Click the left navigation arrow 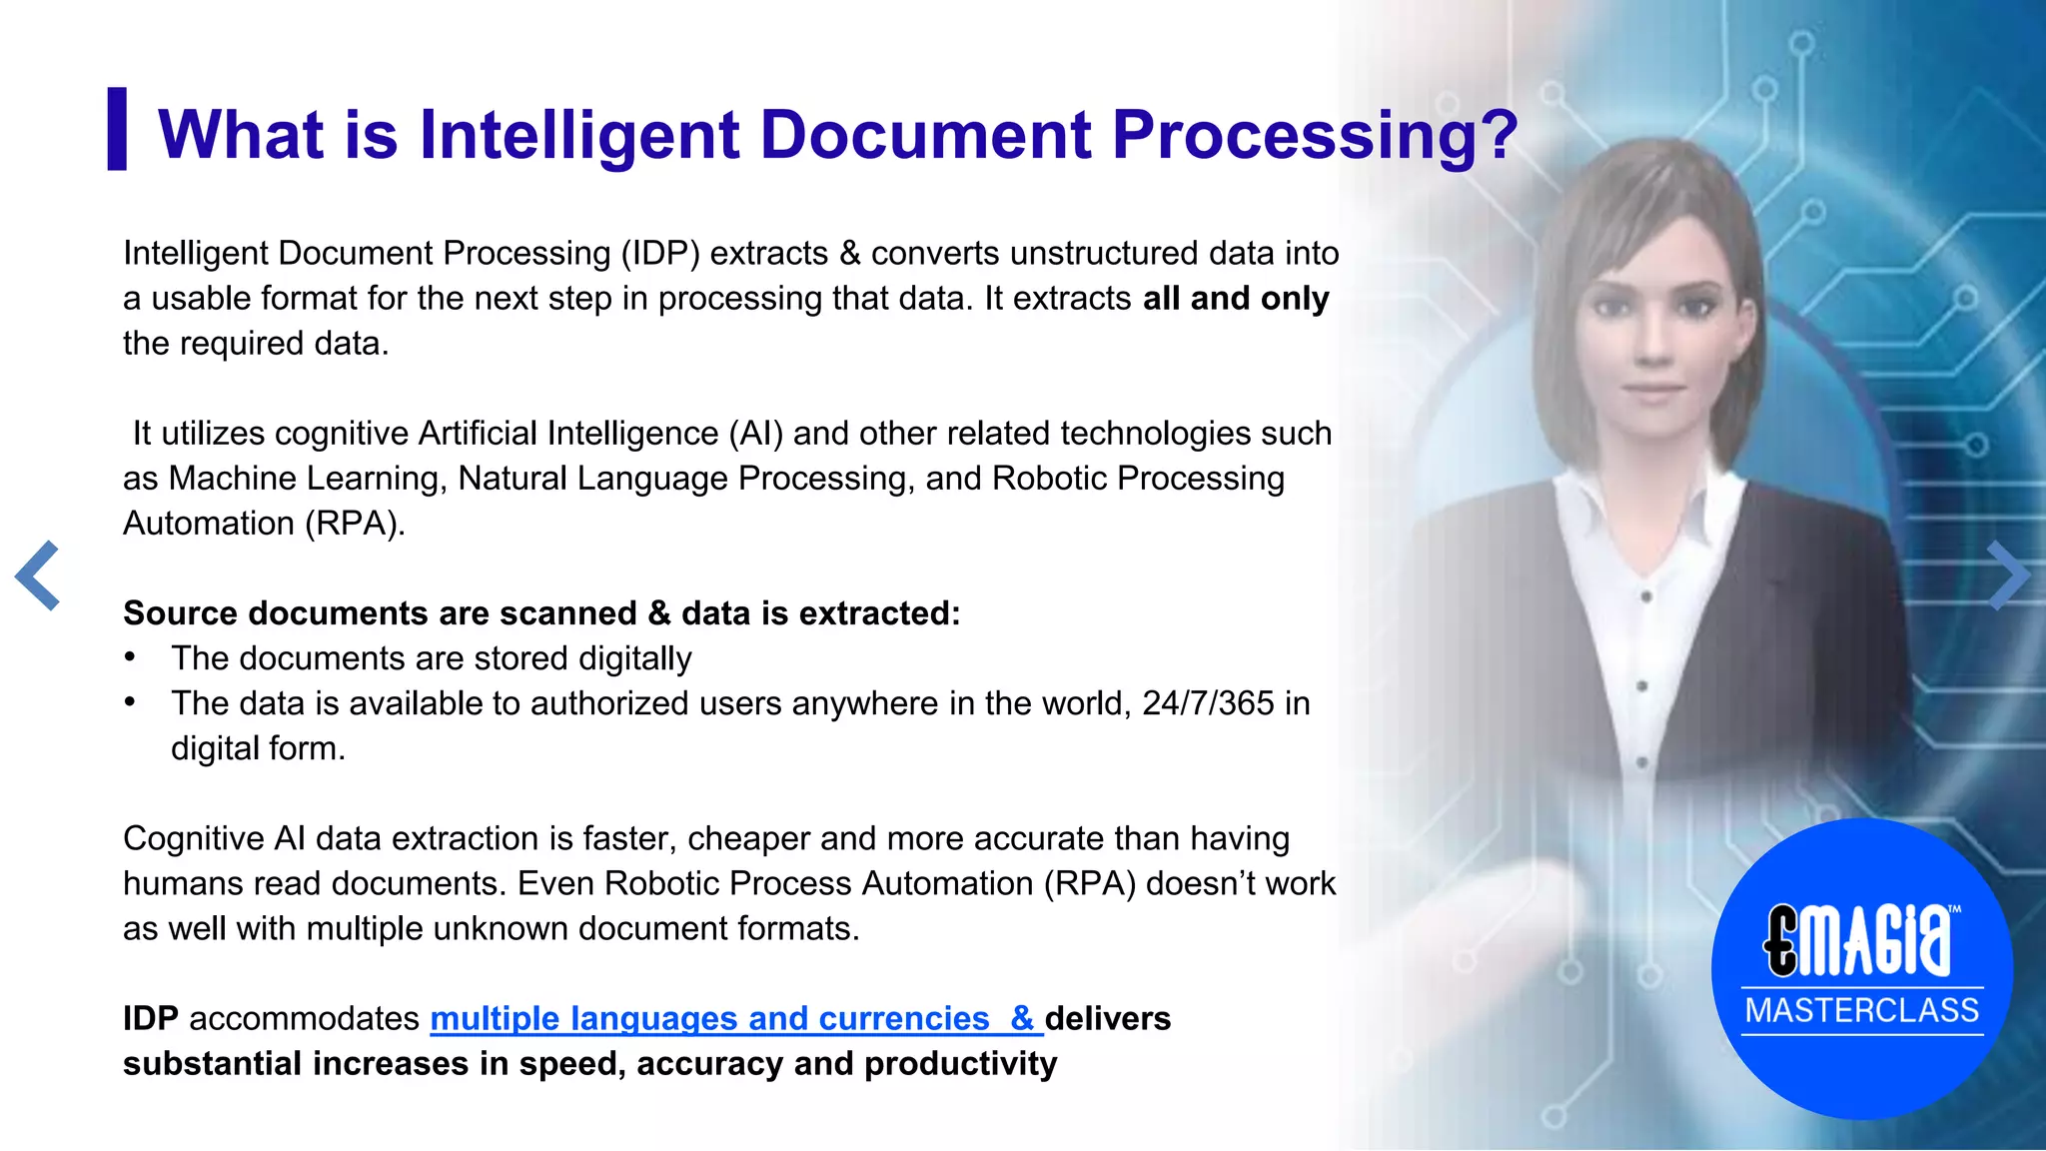(38, 575)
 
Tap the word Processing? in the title (1315, 135)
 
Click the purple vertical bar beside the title (117, 129)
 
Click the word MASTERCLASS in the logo (1862, 1010)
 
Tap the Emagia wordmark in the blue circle (1858, 941)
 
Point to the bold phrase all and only (1236, 298)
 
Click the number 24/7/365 (1208, 703)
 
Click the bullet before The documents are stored (130, 657)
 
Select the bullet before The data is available (130, 701)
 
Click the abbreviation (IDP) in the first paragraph (659, 254)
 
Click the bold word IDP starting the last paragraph (150, 1018)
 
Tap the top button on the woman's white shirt (1646, 597)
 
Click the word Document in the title (925, 135)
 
